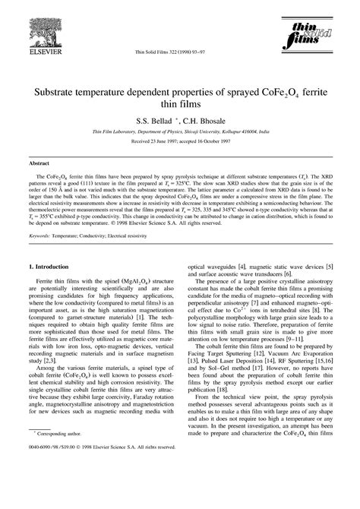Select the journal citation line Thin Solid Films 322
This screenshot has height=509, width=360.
(x=165, y=52)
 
